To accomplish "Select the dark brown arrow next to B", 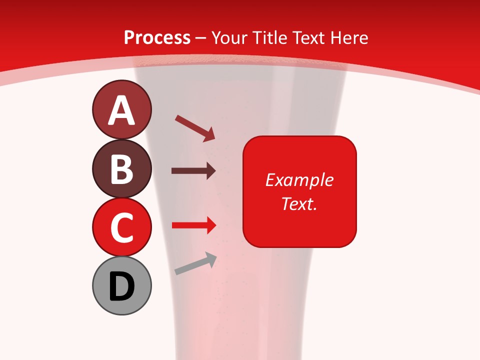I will [x=193, y=171].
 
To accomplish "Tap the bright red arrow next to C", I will [x=193, y=225].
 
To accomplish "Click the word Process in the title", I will [x=157, y=38].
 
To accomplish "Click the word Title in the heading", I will [x=269, y=38].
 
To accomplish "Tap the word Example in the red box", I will [x=299, y=180].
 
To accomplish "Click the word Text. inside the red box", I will [x=299, y=204].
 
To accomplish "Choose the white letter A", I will [x=121, y=110].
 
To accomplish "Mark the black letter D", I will [x=121, y=286].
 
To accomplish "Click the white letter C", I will [x=121, y=227].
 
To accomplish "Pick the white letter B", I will [x=121, y=169].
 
